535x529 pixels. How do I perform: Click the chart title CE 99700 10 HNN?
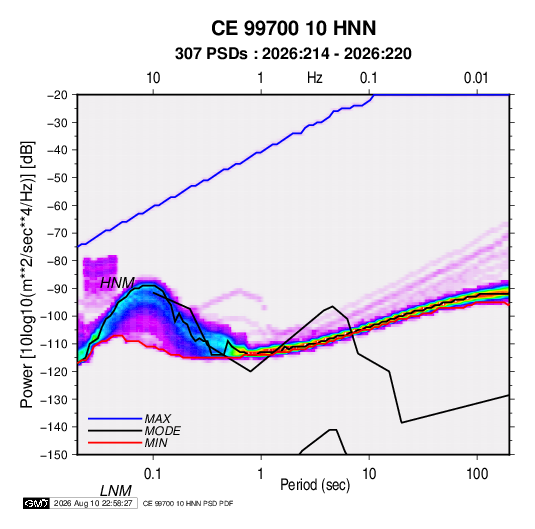[293, 28]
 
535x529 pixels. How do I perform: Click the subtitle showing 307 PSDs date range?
[293, 54]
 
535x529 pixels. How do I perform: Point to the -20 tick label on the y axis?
[57, 95]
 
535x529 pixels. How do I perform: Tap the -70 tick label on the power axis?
[57, 233]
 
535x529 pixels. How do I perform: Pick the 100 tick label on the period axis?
[477, 474]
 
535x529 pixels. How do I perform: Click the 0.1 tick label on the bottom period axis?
[153, 474]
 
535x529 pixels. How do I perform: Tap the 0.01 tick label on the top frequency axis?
[476, 78]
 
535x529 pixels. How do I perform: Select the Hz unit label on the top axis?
[315, 78]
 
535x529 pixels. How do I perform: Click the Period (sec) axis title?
[315, 485]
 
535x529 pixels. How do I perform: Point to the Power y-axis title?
[27, 274]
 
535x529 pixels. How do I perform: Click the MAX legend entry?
[158, 418]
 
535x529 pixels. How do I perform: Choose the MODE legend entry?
[162, 431]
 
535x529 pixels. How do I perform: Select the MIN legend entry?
[156, 443]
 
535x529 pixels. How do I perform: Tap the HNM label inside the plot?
[117, 283]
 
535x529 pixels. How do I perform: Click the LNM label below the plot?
[116, 491]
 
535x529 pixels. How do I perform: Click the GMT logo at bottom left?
[36, 503]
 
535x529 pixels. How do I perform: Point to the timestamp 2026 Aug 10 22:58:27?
[93, 503]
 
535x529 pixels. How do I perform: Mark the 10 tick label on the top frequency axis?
[153, 78]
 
